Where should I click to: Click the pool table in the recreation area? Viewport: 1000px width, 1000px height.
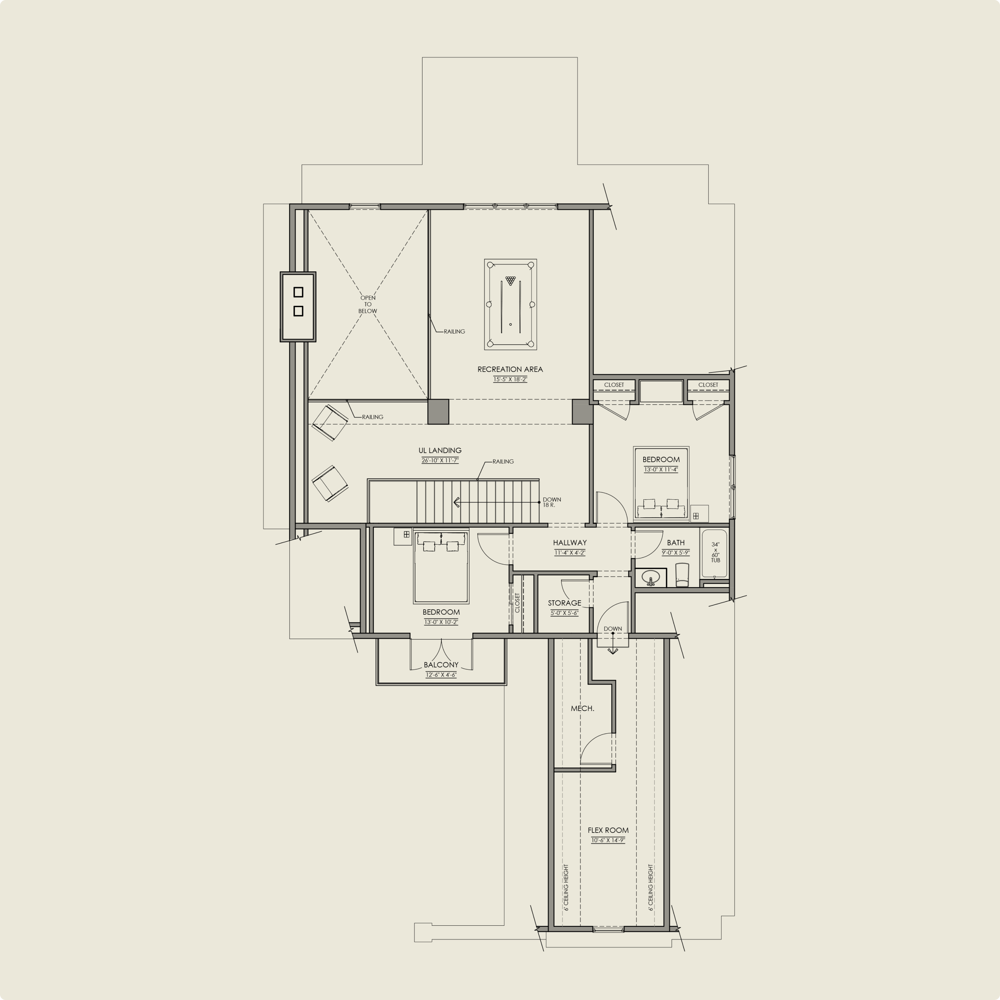(x=510, y=304)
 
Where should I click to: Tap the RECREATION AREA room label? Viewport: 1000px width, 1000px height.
(x=510, y=369)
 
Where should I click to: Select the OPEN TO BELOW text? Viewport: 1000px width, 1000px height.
(x=367, y=304)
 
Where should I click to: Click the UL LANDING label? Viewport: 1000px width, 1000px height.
(x=440, y=450)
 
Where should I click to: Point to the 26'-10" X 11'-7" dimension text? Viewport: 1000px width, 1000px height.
(x=440, y=460)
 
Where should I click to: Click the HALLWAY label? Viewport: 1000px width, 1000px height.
(x=569, y=542)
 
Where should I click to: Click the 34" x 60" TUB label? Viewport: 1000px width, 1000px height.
(x=715, y=552)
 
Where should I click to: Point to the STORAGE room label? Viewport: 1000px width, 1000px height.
(x=564, y=603)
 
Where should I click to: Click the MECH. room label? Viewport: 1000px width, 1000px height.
(x=582, y=709)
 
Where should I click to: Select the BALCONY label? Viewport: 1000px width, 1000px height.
(x=441, y=665)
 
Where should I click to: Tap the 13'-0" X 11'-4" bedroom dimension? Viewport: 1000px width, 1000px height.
(x=661, y=469)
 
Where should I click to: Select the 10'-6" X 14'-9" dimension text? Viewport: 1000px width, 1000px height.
(x=608, y=840)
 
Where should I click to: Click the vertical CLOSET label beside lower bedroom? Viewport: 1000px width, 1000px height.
(x=517, y=602)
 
